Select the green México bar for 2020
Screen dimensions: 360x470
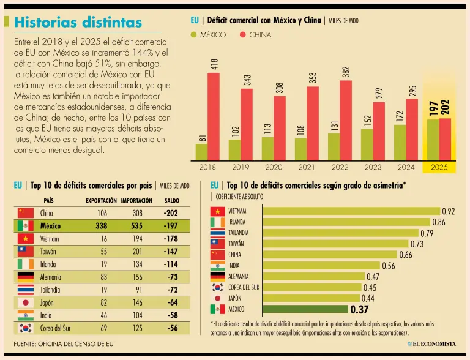click(x=267, y=148)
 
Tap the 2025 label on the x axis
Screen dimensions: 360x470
click(x=439, y=166)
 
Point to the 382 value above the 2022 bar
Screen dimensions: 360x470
click(x=346, y=72)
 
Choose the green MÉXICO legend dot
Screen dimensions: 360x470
click(x=194, y=35)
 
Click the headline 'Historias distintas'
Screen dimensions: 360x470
click(x=78, y=23)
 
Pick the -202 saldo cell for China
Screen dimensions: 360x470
click(x=171, y=213)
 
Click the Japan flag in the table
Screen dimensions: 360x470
click(x=25, y=302)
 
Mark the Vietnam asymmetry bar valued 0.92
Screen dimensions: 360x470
click(x=351, y=211)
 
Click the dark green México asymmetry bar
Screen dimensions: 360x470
click(x=305, y=309)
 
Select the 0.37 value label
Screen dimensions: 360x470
click(x=359, y=310)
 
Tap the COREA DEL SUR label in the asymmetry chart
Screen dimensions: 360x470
click(x=243, y=287)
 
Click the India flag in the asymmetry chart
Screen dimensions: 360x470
click(x=217, y=265)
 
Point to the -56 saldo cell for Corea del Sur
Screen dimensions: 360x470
click(x=172, y=328)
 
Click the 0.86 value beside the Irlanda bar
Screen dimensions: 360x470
click(x=439, y=222)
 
